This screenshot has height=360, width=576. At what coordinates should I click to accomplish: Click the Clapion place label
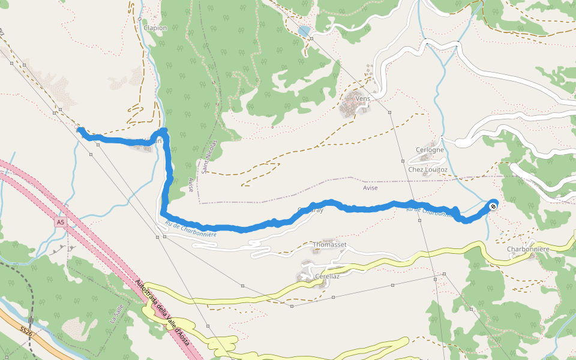click(155, 28)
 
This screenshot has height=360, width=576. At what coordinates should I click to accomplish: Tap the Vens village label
click(362, 98)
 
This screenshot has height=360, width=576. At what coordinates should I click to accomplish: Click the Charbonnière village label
click(528, 249)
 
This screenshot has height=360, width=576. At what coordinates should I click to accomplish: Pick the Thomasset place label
click(330, 245)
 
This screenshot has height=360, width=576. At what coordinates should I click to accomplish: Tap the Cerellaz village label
click(327, 277)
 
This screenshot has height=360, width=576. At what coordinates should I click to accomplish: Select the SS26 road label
click(25, 331)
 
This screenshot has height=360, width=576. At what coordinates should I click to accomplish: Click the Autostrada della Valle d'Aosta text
click(162, 313)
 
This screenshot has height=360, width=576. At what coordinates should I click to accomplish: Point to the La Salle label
click(114, 314)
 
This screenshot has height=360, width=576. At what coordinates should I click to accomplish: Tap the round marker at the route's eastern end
click(493, 206)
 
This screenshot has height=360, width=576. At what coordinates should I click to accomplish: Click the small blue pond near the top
click(304, 31)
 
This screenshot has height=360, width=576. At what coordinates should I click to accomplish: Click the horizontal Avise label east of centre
click(370, 187)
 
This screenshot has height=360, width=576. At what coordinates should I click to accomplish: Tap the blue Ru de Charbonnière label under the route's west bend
click(190, 231)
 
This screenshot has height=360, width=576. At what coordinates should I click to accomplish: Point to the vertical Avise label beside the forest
click(191, 185)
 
